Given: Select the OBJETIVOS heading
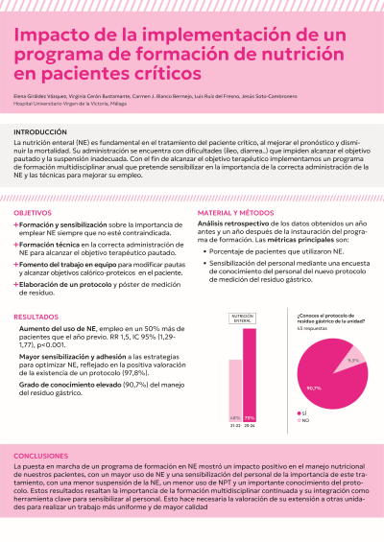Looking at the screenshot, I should tap(34, 212).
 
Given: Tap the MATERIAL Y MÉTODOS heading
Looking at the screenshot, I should tap(236, 212).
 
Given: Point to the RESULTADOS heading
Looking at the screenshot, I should tap(36, 316).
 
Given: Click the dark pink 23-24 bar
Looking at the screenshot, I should tap(250, 374).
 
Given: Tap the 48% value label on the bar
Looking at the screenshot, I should tap(235, 417).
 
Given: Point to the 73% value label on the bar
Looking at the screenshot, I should tap(250, 417).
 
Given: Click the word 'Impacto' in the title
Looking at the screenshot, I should tap(48, 36).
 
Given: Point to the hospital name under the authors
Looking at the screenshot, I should tap(73, 104).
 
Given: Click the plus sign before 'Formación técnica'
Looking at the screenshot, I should tap(16, 246).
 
